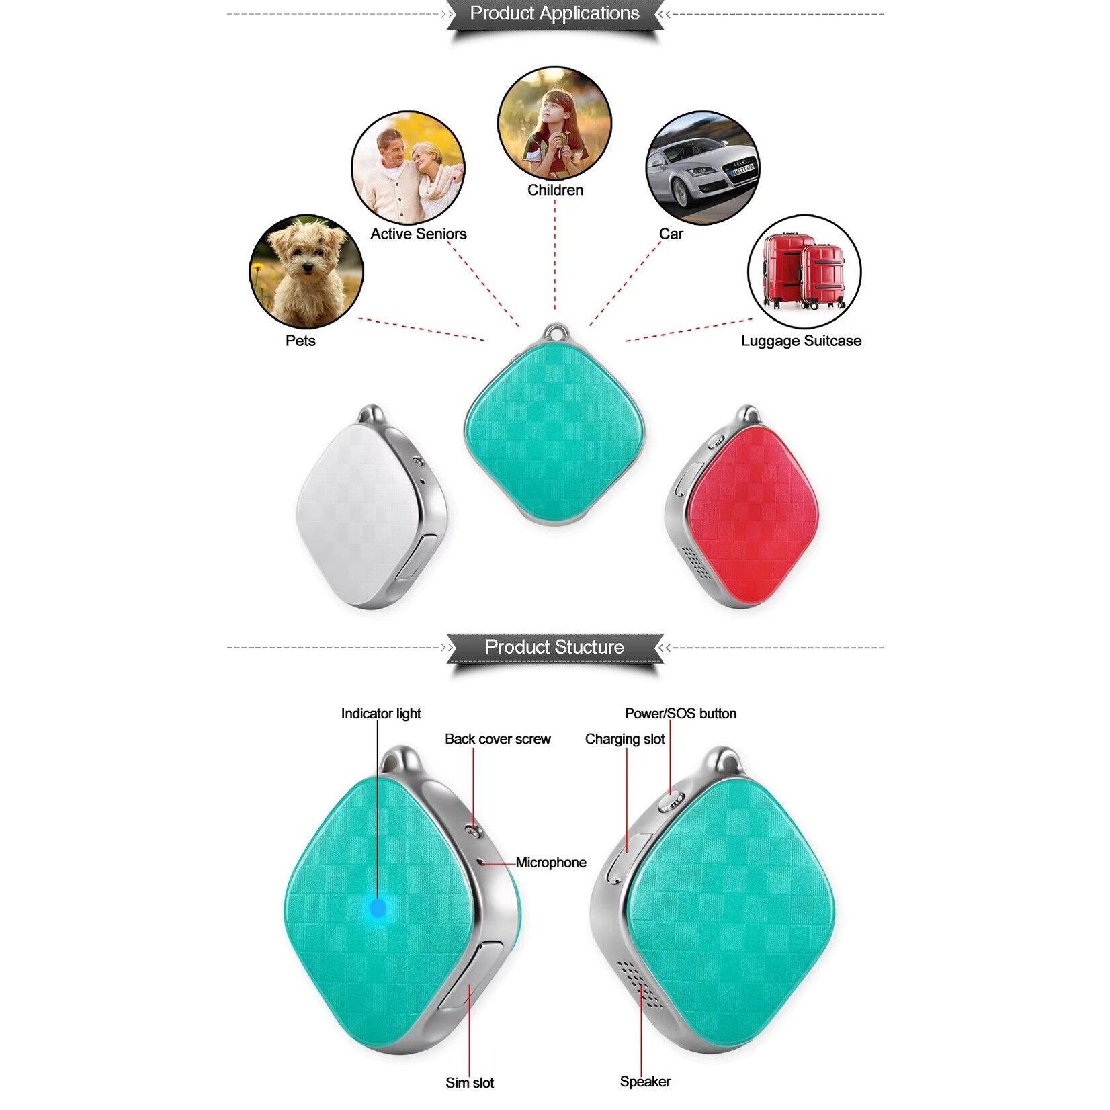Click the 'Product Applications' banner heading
point(554,13)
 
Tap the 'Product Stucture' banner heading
point(554,647)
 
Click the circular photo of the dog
point(306,271)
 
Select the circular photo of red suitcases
point(804,271)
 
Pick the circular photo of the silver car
point(702,168)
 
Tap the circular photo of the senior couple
point(409,168)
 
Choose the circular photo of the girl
point(554,123)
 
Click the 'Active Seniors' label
point(418,234)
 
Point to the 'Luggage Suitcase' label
point(801,341)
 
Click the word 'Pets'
point(300,341)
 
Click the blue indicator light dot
point(378,908)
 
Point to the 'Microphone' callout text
point(551,863)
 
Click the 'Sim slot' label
point(470,1083)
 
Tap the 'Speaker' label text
point(645,1082)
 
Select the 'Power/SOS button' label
point(680,714)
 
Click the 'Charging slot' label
point(625,739)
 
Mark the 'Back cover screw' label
point(497,739)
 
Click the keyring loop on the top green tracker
point(555,333)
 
